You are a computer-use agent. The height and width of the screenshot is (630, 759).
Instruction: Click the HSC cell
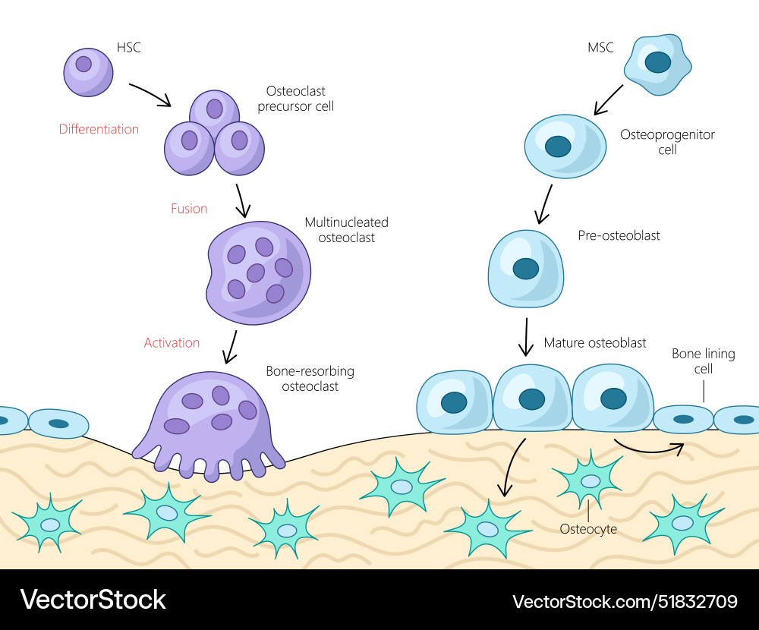click(87, 71)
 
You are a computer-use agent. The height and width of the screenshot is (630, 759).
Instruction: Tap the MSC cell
click(658, 65)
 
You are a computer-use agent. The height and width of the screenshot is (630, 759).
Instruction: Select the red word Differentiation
click(99, 129)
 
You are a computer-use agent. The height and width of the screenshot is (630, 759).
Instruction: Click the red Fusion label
click(189, 209)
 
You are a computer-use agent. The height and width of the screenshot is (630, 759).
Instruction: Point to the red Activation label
click(172, 343)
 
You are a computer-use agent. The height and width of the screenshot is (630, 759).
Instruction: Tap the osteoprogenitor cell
click(565, 146)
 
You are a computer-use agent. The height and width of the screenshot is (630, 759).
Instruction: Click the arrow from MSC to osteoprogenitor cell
click(608, 100)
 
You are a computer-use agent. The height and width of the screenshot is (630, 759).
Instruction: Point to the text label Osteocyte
click(587, 529)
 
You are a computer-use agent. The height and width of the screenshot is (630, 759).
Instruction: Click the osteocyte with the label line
click(589, 479)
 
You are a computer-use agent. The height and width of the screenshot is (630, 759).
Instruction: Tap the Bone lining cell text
click(692, 361)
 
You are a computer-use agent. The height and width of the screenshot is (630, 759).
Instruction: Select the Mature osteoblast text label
click(595, 343)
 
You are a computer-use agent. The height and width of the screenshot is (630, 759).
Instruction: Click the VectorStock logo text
click(93, 600)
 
